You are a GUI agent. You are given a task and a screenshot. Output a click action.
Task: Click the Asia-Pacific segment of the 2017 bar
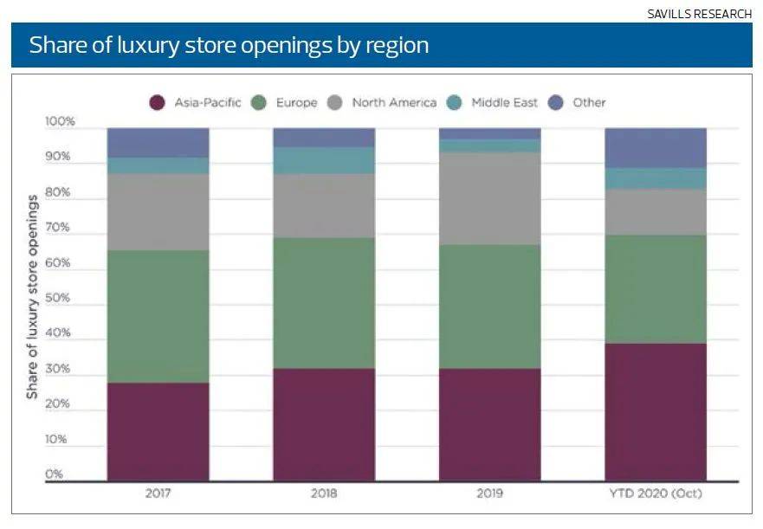click(158, 431)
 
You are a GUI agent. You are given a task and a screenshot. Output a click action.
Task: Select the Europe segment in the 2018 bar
click(324, 303)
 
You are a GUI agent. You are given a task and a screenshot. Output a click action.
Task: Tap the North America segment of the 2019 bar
click(489, 198)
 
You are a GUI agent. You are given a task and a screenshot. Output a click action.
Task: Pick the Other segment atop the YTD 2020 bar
click(656, 147)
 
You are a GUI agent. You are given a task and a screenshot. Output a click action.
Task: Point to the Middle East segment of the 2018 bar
click(324, 160)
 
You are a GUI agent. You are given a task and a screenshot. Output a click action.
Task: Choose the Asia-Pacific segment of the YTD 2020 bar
click(656, 411)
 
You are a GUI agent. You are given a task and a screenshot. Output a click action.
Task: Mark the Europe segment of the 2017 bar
click(158, 316)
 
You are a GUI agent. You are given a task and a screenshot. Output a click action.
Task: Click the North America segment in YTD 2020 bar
click(656, 211)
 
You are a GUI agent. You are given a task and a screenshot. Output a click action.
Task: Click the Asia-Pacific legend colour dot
click(157, 103)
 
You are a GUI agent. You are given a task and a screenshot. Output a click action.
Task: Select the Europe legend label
click(297, 103)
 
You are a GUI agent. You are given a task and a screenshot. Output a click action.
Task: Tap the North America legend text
click(394, 103)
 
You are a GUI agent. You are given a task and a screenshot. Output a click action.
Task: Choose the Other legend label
click(589, 103)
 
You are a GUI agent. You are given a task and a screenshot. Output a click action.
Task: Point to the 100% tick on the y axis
click(60, 122)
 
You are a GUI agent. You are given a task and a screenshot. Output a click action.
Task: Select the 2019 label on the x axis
click(489, 494)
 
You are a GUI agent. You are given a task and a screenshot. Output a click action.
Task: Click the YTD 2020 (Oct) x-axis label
click(656, 494)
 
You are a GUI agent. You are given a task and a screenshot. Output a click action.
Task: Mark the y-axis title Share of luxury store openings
click(32, 297)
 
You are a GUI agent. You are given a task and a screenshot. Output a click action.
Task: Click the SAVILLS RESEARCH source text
click(700, 14)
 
